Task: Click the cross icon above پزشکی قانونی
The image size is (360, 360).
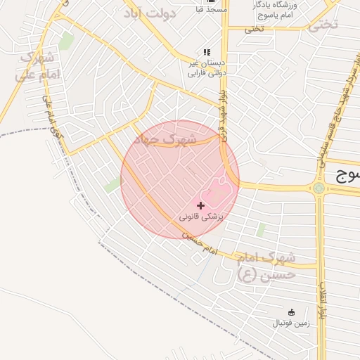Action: pos(202,205)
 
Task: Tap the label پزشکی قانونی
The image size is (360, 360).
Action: pos(201,217)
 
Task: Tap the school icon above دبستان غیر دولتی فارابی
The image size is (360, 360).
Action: pos(207,52)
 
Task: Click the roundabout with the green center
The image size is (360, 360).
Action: pos(319,188)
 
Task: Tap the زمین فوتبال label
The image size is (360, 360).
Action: pos(291,323)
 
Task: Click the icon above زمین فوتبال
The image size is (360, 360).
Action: pos(291,311)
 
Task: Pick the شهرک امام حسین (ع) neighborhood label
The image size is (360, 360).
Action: pos(266,266)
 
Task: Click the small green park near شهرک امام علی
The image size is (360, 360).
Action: pos(66,41)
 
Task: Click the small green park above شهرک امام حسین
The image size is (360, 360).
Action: pos(261,229)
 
